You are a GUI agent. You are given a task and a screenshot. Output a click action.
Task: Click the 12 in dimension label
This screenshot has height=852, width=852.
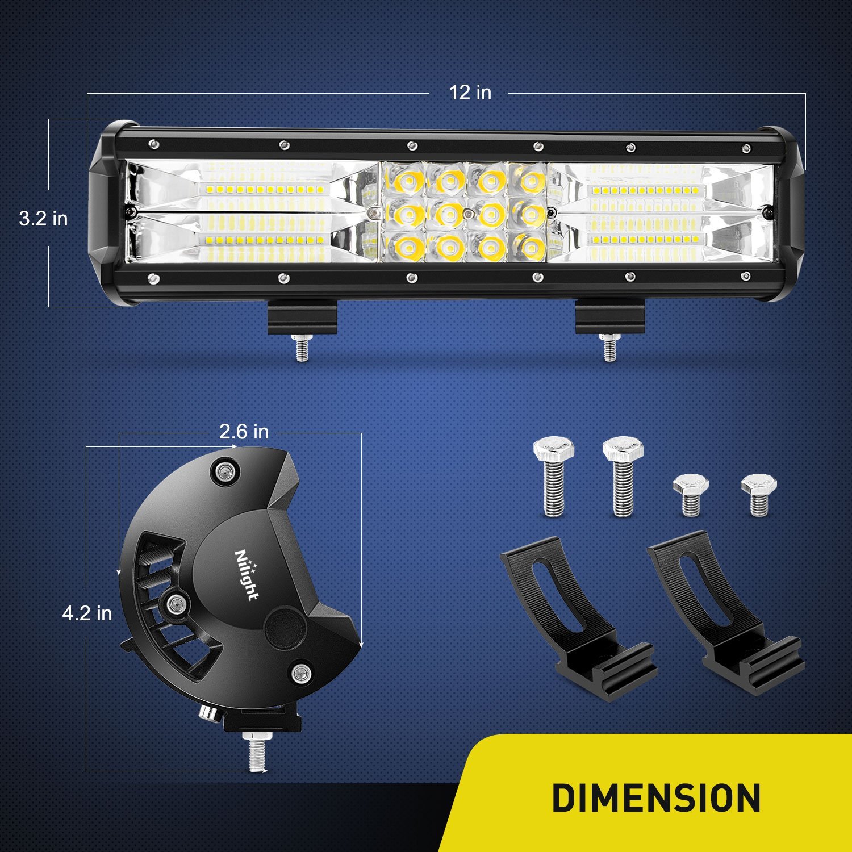pos(470,93)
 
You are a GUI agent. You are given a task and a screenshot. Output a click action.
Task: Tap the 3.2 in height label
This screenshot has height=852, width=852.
pos(43,218)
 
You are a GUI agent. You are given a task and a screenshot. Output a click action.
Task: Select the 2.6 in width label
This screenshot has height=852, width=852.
pos(244,432)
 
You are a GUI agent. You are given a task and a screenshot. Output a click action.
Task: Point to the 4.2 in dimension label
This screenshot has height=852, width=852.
pos(87,613)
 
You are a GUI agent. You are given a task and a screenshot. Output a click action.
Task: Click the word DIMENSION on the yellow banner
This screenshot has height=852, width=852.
pos(656,798)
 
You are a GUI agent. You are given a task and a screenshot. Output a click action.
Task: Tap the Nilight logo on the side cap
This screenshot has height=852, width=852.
pos(247,574)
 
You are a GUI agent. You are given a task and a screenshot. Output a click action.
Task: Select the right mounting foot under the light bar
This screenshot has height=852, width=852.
pos(609,319)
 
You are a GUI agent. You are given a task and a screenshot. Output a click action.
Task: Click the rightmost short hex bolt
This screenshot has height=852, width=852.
pos(759,494)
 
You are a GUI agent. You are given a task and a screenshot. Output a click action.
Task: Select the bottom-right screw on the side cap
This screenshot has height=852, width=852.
pos(299,673)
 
